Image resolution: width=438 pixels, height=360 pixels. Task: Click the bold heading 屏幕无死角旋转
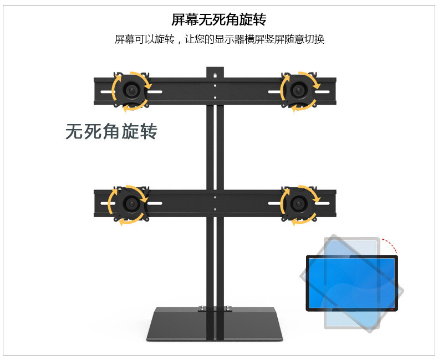coord(219,20)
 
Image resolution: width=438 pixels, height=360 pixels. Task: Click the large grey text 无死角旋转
coord(111,131)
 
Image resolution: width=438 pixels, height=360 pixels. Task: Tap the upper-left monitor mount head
coord(131,90)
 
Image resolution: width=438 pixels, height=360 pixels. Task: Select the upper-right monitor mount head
coord(299,90)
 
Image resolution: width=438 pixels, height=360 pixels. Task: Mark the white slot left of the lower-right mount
coord(274,203)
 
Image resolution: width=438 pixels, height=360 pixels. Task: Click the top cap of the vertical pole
coord(215,72)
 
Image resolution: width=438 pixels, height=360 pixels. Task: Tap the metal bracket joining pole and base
coord(215,310)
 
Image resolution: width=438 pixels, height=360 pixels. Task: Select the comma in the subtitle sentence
coord(180,41)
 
